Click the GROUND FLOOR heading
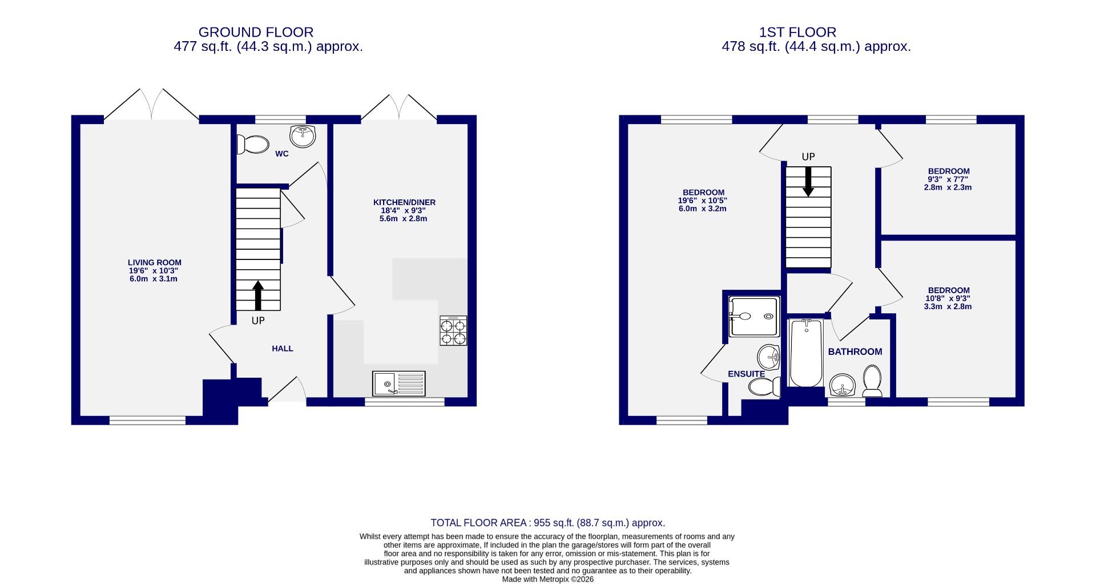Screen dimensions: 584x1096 pyautogui.click(x=256, y=32)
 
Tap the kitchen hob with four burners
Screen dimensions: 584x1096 pyautogui.click(x=453, y=331)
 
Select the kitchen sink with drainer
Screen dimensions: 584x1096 pyautogui.click(x=399, y=383)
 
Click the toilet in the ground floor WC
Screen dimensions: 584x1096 pyautogui.click(x=253, y=145)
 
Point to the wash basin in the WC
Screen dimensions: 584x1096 pyautogui.click(x=302, y=136)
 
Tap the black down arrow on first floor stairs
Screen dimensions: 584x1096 pyautogui.click(x=808, y=182)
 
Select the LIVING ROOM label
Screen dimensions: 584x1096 pyautogui.click(x=154, y=263)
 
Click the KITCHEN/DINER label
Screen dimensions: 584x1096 pyautogui.click(x=404, y=202)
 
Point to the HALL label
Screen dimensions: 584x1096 pyautogui.click(x=283, y=349)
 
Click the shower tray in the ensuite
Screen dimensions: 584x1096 pyautogui.click(x=753, y=317)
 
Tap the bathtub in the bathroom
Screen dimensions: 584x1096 pyautogui.click(x=805, y=353)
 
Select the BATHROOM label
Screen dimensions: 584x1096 pyautogui.click(x=855, y=352)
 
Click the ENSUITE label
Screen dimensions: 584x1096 pyautogui.click(x=746, y=374)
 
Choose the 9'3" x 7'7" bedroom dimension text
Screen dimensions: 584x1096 pyautogui.click(x=948, y=179)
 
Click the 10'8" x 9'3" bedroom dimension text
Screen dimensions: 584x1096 pyautogui.click(x=948, y=298)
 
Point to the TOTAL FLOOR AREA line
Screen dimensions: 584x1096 pyautogui.click(x=547, y=523)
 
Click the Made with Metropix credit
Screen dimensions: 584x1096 pyautogui.click(x=547, y=579)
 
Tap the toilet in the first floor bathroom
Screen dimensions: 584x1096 pyautogui.click(x=872, y=381)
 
